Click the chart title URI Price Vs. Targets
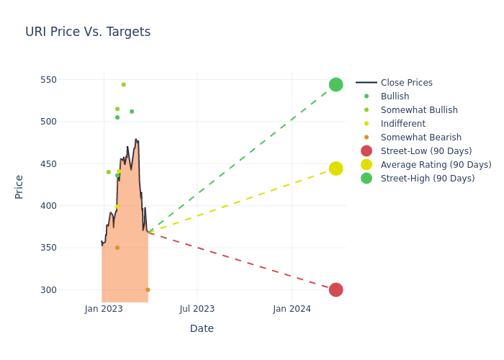click(88, 32)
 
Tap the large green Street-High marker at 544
click(336, 84)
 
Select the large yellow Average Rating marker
click(336, 168)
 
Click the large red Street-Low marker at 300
click(336, 289)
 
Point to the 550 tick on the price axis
click(48, 80)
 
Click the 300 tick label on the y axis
click(48, 290)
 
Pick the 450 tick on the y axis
click(48, 164)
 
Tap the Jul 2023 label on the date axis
click(197, 309)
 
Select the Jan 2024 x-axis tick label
click(292, 309)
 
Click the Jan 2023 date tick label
click(104, 309)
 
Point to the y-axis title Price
click(19, 187)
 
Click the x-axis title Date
click(202, 328)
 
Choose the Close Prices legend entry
click(395, 83)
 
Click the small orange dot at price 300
click(148, 289)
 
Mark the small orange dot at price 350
click(117, 248)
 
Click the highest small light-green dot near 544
click(123, 84)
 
